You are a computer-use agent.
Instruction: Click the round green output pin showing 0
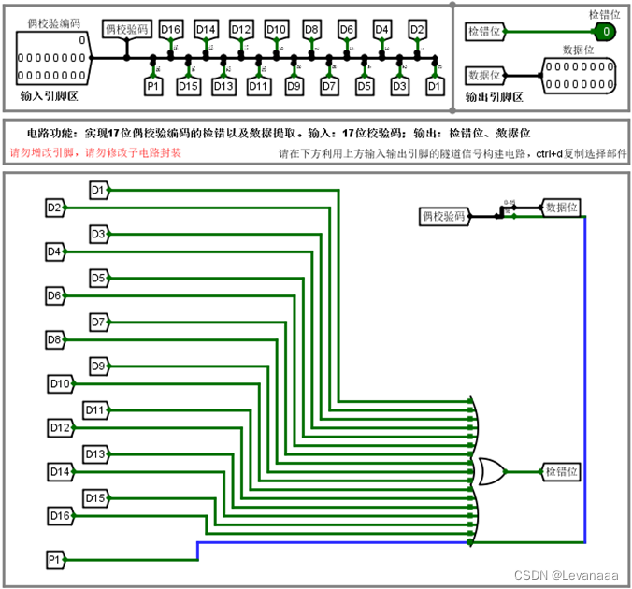click(x=606, y=32)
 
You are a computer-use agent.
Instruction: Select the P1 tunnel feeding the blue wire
click(x=55, y=560)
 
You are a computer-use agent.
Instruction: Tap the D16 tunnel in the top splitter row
click(x=170, y=30)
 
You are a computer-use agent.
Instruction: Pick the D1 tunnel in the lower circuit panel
click(x=98, y=191)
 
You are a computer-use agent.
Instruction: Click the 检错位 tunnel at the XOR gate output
click(x=562, y=471)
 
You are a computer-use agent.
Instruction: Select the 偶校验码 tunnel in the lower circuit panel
click(x=443, y=217)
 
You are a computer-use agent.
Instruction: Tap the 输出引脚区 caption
click(x=495, y=95)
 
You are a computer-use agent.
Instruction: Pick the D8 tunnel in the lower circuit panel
click(x=54, y=339)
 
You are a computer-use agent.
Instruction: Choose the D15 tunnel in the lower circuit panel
click(x=96, y=497)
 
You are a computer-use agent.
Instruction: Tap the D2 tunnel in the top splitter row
click(x=417, y=30)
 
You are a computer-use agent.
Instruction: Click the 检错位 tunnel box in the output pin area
click(x=485, y=32)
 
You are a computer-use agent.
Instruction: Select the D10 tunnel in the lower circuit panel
click(x=59, y=383)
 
